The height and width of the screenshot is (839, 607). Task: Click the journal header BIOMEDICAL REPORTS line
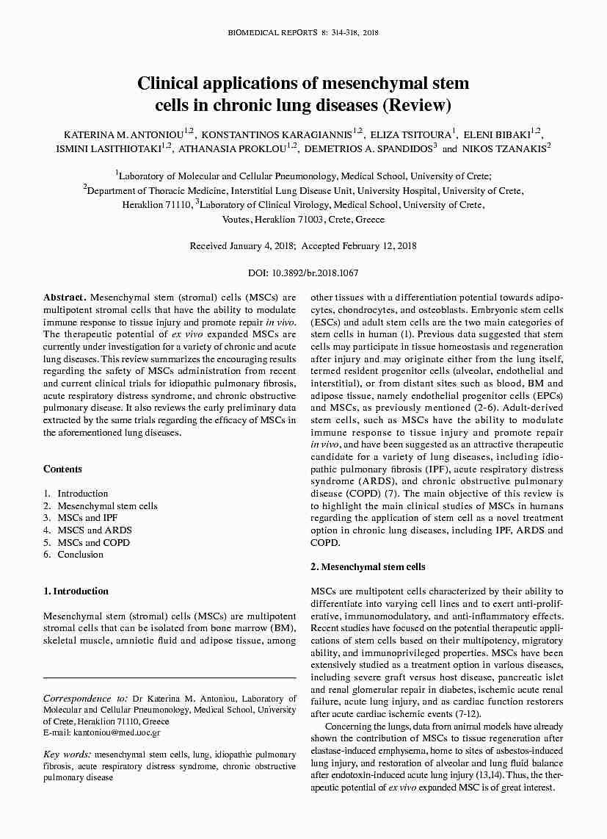click(x=303, y=33)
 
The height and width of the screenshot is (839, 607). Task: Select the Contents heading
click(x=62, y=469)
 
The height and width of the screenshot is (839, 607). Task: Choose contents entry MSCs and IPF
click(x=82, y=518)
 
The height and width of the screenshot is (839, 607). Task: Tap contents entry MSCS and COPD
click(x=93, y=543)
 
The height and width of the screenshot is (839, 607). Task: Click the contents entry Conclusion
click(x=80, y=555)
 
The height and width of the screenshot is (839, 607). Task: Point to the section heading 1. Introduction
click(x=76, y=591)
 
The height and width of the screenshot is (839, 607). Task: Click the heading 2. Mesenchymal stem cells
click(x=368, y=567)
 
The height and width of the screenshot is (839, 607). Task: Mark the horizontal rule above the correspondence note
click(x=170, y=677)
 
